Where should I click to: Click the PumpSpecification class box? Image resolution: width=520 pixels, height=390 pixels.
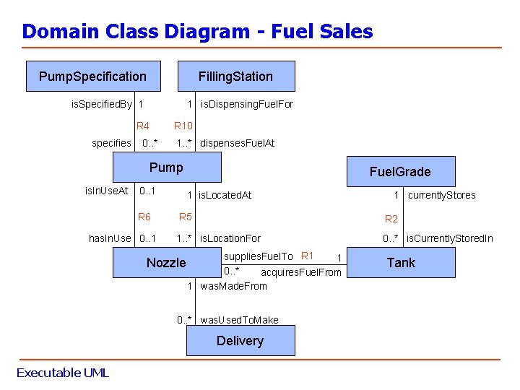click(92, 77)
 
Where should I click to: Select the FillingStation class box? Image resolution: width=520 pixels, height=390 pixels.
click(235, 77)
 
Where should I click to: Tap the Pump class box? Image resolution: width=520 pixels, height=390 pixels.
click(167, 168)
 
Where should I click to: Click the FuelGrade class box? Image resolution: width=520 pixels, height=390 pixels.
click(400, 172)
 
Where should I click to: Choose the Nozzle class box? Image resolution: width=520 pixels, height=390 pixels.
click(167, 263)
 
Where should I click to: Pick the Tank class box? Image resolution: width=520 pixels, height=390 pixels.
click(401, 263)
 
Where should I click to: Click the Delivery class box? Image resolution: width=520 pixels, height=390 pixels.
click(240, 341)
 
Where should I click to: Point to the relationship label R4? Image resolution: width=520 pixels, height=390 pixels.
click(143, 126)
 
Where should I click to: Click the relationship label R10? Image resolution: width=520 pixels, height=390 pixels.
click(183, 126)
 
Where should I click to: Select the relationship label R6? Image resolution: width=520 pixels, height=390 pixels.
click(144, 217)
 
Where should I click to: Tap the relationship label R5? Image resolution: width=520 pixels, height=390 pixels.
click(186, 217)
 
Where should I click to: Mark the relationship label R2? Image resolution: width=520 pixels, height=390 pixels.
click(391, 219)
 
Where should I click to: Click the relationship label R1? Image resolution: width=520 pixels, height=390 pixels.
click(307, 255)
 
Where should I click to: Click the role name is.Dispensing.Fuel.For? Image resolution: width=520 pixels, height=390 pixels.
click(247, 104)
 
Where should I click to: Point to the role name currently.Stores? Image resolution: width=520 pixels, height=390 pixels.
click(441, 195)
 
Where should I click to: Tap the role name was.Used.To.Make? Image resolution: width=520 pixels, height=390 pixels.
click(239, 320)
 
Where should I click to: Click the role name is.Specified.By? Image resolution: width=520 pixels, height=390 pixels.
click(101, 104)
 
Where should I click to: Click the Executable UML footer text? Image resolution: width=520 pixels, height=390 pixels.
click(62, 373)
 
